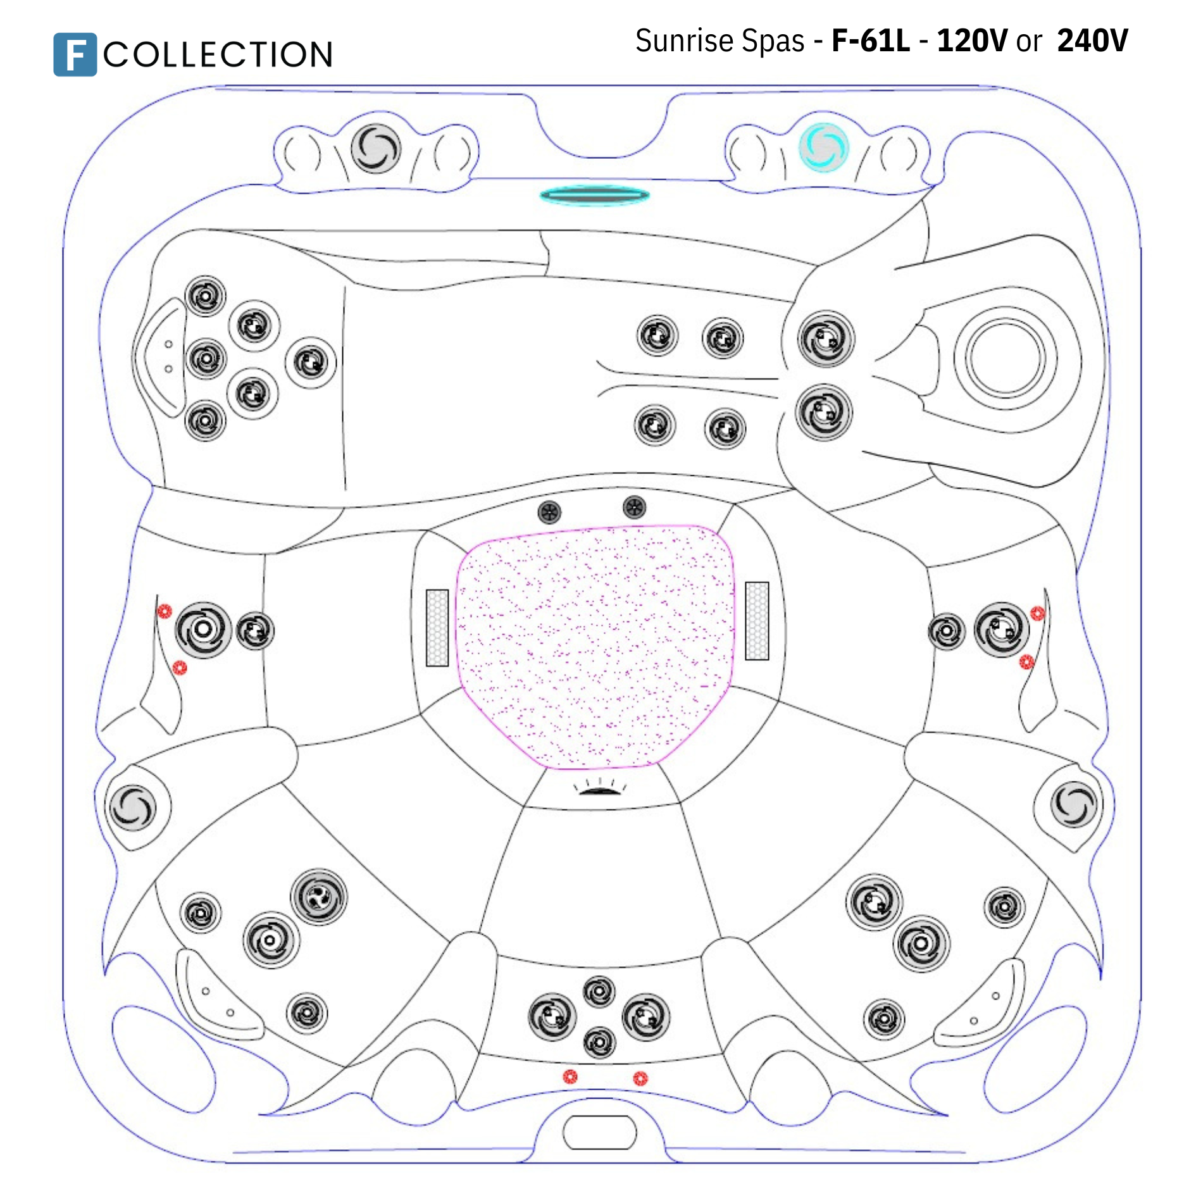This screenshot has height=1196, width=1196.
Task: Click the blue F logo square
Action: point(75,54)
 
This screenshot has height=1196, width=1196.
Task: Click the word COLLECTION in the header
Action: point(218,54)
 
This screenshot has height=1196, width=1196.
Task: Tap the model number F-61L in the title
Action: point(871,41)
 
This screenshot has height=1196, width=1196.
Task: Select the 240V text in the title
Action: point(1093,41)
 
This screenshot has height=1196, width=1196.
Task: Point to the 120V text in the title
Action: point(972,41)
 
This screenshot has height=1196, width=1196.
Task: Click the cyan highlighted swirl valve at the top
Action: point(823,147)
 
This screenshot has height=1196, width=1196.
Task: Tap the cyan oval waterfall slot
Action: point(595,196)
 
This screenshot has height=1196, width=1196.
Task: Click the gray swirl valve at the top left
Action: point(376,149)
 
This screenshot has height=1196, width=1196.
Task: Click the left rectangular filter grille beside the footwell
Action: point(437,628)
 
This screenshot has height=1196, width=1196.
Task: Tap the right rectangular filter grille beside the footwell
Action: point(757,621)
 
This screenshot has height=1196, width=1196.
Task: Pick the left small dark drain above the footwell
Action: point(549,512)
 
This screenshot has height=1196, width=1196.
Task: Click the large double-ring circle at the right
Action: point(1005,358)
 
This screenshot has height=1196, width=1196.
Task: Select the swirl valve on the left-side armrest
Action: point(132,807)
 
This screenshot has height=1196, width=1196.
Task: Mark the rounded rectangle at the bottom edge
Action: point(599,1132)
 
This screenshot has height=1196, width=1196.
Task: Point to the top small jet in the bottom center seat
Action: point(599,992)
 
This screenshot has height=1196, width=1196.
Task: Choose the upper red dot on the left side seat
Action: point(165,611)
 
